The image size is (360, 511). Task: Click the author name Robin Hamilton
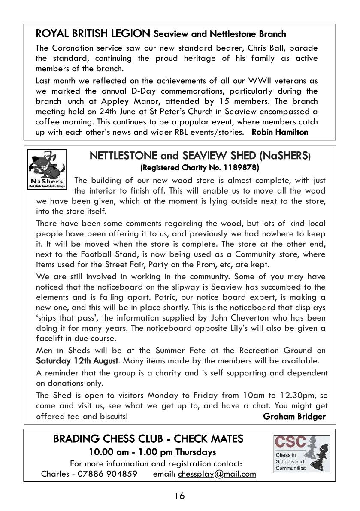[280, 132]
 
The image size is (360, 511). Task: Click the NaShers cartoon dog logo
[47, 169]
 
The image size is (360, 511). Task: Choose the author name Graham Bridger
[294, 416]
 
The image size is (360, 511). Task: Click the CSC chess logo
[302, 454]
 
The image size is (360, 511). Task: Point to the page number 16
[179, 496]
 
